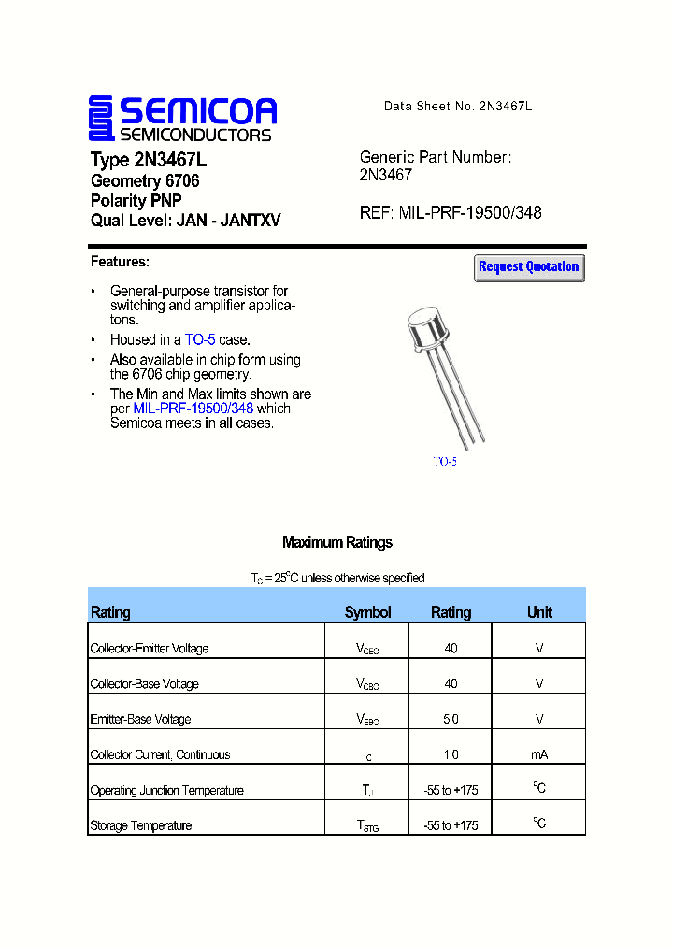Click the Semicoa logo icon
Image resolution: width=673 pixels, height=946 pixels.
[x=101, y=119]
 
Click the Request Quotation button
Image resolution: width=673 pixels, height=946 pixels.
[x=529, y=267]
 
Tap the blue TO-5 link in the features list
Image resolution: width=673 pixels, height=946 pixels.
[x=200, y=340]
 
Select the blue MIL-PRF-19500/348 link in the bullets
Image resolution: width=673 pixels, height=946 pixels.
[x=193, y=408]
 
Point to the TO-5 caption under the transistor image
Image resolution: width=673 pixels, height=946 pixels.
[x=445, y=462]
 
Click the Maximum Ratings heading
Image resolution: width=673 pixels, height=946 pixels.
[x=336, y=543]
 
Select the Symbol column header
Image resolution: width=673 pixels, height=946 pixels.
[x=367, y=612]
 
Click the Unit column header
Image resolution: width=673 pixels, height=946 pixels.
[x=539, y=612]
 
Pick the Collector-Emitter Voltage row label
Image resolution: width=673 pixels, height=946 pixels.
[x=150, y=649]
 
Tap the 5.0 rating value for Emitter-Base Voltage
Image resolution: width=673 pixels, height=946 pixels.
[x=451, y=719]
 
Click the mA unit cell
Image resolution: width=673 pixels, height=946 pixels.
[x=538, y=754]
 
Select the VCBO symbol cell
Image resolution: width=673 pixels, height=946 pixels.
[x=366, y=684]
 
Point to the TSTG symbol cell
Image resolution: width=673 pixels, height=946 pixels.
[x=366, y=826]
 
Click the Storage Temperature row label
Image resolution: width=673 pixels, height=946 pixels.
[x=141, y=826]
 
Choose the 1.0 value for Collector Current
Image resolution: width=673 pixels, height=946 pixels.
[x=451, y=754]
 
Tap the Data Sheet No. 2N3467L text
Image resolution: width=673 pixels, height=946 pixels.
[x=457, y=107]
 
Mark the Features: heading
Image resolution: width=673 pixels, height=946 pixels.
[x=120, y=262]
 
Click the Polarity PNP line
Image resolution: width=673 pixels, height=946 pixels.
[x=136, y=201]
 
